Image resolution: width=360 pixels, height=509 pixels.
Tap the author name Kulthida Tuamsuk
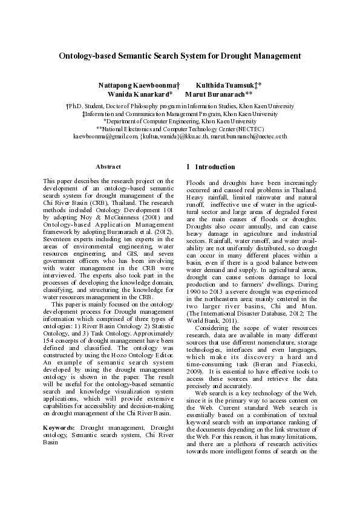[x=228, y=86]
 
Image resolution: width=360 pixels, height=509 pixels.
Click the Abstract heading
[x=108, y=167]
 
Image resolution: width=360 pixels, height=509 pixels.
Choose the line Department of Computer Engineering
[x=180, y=121]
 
